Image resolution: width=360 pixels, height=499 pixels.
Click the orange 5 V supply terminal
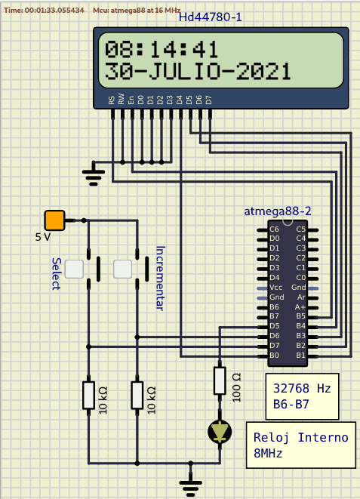54,220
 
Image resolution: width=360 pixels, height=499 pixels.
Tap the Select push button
74,269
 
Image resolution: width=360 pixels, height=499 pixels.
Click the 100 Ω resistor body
220,380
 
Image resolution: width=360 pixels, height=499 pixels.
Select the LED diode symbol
220,432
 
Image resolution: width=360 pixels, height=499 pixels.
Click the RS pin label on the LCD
111,100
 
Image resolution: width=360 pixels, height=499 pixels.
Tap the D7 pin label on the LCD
208,100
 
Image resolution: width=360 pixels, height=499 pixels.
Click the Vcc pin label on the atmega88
275,288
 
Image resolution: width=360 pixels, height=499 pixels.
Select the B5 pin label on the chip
300,316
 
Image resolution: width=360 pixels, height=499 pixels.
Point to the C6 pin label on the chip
274,229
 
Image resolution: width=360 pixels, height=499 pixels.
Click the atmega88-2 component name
278,211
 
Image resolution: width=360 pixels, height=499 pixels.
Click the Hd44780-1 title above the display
211,17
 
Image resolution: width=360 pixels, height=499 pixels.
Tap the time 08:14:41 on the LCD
162,49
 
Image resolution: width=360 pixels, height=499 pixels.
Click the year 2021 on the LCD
263,71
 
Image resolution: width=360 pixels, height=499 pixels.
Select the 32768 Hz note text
302,388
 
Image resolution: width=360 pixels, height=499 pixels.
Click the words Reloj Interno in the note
301,437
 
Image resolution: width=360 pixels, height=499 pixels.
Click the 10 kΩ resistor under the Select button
89,395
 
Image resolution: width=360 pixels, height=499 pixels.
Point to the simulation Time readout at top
45,10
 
